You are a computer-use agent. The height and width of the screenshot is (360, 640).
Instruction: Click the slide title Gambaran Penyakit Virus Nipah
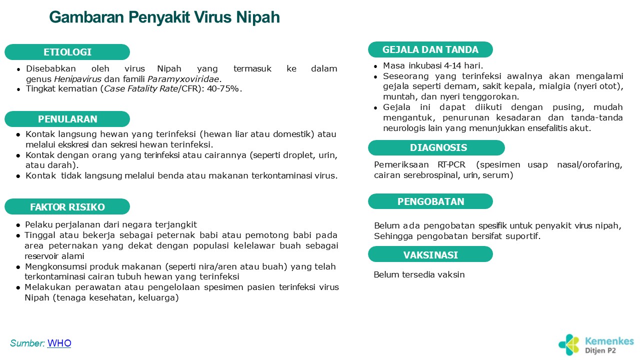click(x=164, y=17)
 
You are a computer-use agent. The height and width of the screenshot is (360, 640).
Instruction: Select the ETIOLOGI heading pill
click(x=67, y=52)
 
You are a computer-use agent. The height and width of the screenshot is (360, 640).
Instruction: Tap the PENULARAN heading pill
click(x=67, y=119)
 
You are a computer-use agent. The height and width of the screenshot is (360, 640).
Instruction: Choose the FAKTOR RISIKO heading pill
click(x=67, y=206)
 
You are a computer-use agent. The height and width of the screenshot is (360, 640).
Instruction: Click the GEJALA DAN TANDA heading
click(x=430, y=49)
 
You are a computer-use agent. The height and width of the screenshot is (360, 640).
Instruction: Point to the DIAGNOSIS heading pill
click(x=436, y=147)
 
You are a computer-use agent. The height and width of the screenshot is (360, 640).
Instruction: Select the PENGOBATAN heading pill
click(x=430, y=201)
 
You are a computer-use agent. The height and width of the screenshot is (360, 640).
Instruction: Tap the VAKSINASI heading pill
click(x=430, y=254)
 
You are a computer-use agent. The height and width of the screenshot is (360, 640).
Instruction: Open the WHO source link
click(x=59, y=343)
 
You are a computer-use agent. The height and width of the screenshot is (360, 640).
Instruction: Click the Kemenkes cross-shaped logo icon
click(x=569, y=344)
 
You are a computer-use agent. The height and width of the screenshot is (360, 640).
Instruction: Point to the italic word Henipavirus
click(x=77, y=79)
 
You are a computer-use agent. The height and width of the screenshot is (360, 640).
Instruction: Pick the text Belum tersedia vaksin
click(x=419, y=274)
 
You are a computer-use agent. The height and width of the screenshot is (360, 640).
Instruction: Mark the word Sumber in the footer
click(x=27, y=343)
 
